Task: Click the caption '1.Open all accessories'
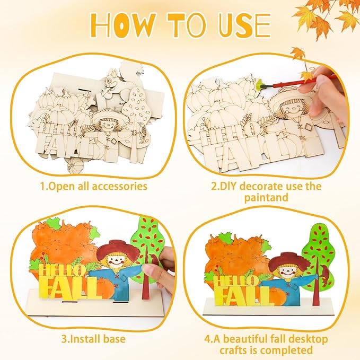[x=94, y=187]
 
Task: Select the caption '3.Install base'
[x=93, y=339]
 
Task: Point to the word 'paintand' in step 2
[x=266, y=197]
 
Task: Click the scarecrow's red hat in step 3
[x=118, y=249]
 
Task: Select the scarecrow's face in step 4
[x=286, y=273]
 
